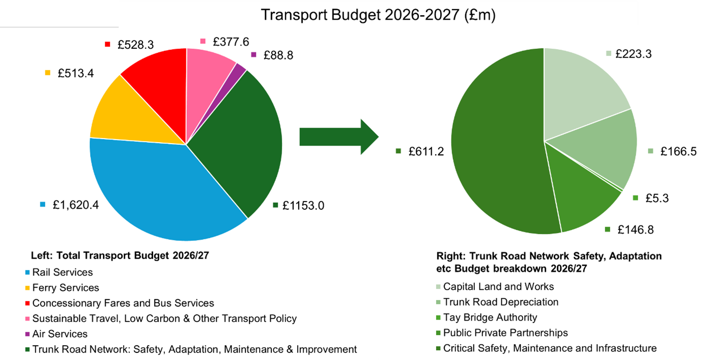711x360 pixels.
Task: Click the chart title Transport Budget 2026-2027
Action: pyautogui.click(x=378, y=15)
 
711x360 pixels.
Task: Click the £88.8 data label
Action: pyautogui.click(x=278, y=55)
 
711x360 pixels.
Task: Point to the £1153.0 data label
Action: pyautogui.click(x=304, y=206)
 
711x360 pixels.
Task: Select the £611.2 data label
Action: pyautogui.click(x=426, y=151)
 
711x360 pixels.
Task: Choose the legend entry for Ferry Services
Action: pyautogui.click(x=65, y=288)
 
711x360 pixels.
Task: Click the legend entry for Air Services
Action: pyautogui.click(x=60, y=334)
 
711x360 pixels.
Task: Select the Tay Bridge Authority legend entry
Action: pyautogui.click(x=490, y=317)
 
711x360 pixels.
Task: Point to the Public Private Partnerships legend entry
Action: pyautogui.click(x=505, y=333)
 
